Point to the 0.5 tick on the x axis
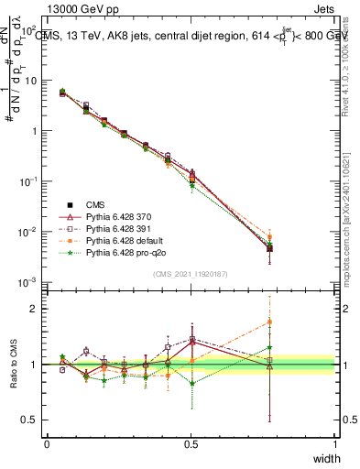point(191,443)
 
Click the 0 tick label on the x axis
point(47,443)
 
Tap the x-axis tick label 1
point(334,443)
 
